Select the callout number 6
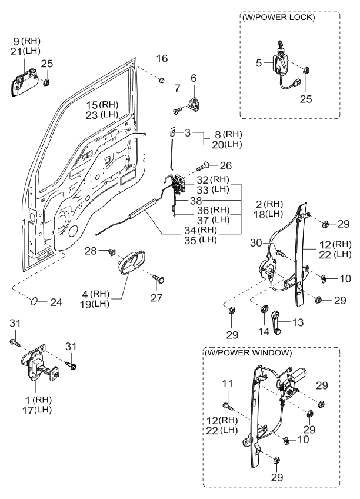194,78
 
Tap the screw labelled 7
177,108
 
